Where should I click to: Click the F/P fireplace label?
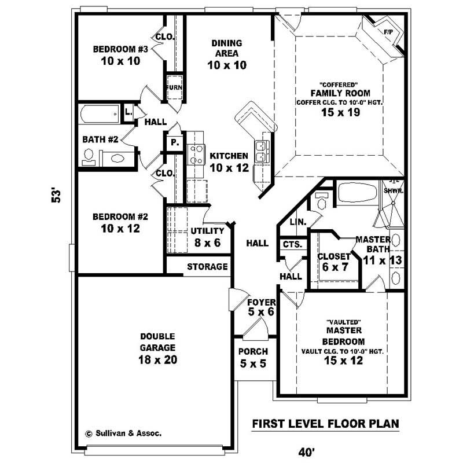coord(387,32)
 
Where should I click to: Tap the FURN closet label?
coord(175,88)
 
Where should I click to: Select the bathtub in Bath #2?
coord(100,113)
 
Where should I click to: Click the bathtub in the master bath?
coord(357,192)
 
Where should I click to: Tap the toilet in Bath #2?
coord(116,157)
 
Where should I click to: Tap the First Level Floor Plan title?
coord(325,424)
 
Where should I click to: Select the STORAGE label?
coord(207,267)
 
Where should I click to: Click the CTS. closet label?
coord(292,245)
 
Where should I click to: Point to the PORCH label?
coord(253,351)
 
